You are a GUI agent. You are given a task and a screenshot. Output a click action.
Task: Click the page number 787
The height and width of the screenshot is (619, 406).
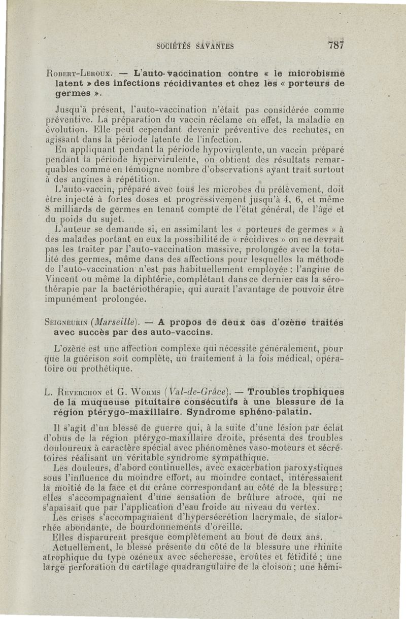(336, 44)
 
